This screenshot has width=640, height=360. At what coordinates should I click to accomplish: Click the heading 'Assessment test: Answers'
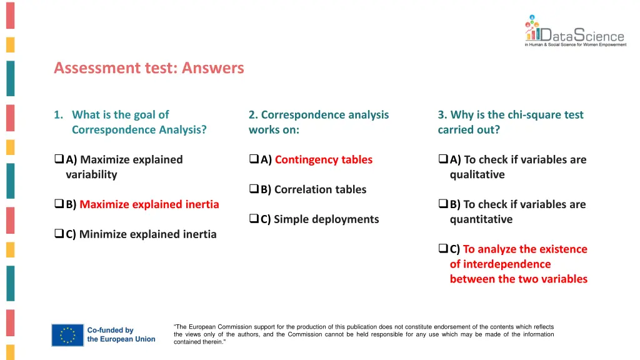pos(149,67)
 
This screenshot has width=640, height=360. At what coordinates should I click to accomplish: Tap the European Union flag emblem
pos(67,334)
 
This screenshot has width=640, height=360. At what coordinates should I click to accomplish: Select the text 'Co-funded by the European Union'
pos(121,334)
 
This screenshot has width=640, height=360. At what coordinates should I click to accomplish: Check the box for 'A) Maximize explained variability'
pos(59,160)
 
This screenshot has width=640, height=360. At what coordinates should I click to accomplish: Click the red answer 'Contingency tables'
pos(323,159)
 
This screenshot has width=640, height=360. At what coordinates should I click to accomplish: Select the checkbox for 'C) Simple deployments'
pos(254,219)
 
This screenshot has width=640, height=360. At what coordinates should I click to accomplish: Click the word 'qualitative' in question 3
pos(477,174)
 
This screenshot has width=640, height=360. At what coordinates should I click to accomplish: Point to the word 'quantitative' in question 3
pos(481,219)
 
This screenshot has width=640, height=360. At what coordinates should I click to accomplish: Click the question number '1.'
pos(58,115)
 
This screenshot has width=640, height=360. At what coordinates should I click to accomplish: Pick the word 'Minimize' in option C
pos(102,234)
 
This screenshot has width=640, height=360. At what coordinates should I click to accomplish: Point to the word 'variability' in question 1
pos(91,174)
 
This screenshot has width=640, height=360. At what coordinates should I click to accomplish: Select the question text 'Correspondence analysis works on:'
pos(318,122)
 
